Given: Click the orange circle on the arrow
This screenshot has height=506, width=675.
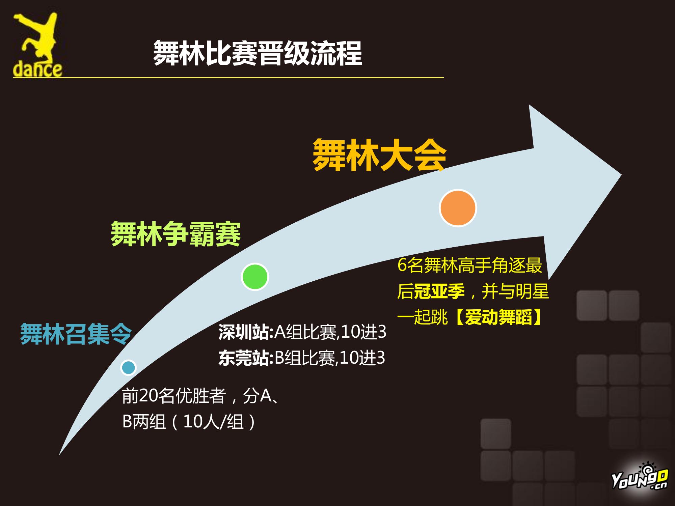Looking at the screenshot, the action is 458,208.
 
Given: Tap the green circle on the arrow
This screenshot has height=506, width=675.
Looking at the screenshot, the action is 255,277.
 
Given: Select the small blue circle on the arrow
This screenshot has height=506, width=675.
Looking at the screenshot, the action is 128,367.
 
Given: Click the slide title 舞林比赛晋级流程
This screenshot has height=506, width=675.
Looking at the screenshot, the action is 258,53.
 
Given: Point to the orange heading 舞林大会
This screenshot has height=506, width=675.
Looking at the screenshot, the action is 380,155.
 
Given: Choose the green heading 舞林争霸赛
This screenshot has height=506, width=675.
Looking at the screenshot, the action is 176,234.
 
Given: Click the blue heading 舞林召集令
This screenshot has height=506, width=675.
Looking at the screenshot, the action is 76,334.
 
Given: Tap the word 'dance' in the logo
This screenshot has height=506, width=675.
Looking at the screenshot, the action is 37,69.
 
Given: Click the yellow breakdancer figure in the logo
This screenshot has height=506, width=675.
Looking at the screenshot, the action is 37,37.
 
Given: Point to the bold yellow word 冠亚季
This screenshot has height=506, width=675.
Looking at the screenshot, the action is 439,291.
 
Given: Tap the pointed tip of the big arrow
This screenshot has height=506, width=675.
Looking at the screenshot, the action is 621,175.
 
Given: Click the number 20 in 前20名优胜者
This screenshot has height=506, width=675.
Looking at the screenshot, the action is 148,396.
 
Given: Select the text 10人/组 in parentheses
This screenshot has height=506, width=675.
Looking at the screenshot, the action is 213,422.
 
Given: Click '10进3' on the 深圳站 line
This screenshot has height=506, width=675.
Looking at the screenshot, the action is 363,332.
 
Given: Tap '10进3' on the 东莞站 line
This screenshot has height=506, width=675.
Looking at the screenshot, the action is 362,358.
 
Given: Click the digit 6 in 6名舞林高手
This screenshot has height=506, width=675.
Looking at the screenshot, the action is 402,265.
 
